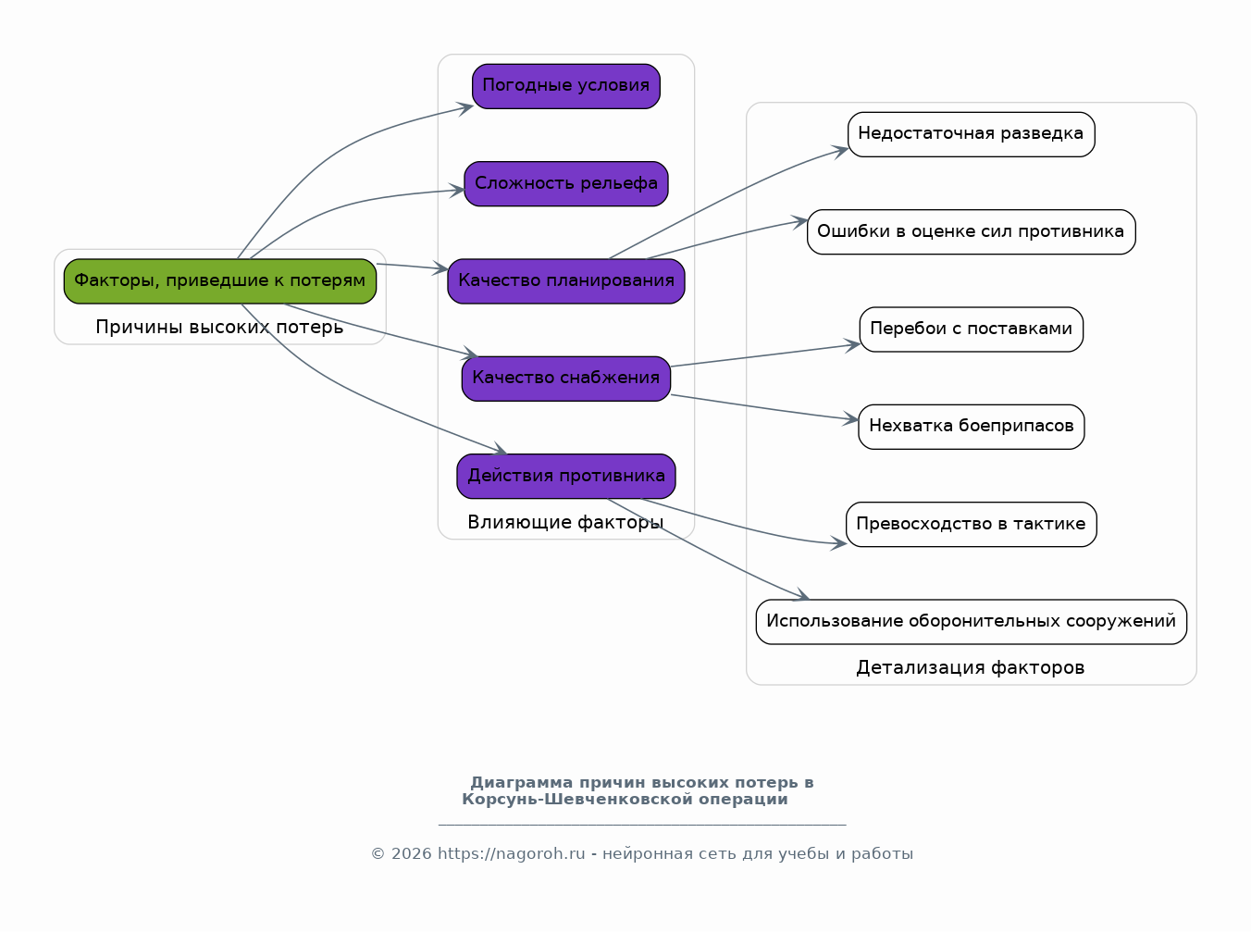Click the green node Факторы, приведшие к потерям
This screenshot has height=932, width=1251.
(220, 281)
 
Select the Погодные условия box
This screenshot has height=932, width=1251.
(566, 86)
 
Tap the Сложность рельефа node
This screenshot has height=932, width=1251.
(566, 184)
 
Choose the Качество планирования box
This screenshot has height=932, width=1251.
(566, 281)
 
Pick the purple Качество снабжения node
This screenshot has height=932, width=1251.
(566, 379)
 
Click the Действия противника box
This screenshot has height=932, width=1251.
(566, 476)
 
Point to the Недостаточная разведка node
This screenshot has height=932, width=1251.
(972, 134)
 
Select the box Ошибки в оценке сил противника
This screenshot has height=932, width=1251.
(972, 232)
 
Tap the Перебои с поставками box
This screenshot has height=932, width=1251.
(972, 329)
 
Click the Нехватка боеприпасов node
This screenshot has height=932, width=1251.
(972, 427)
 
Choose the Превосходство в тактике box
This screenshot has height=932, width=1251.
(972, 524)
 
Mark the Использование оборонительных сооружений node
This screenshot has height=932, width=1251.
(972, 622)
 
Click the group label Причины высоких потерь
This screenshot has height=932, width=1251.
(219, 328)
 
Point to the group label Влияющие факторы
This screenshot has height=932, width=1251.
(565, 522)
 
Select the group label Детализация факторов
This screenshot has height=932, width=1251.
(971, 668)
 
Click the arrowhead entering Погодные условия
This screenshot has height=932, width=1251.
(467, 107)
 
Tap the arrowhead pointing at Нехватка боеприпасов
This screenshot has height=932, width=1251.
(851, 419)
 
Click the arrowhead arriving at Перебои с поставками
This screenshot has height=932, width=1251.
(853, 345)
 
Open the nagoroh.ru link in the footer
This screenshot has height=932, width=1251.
(512, 854)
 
